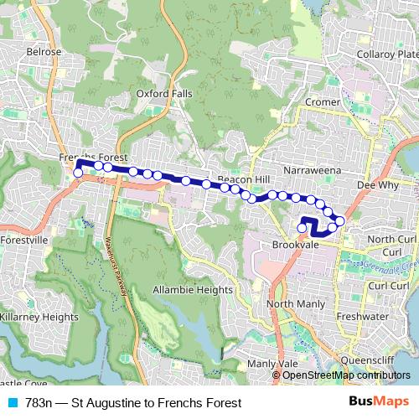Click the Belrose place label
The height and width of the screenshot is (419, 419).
[44, 51]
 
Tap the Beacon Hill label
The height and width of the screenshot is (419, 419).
[243, 180]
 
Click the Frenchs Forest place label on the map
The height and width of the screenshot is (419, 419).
[92, 158]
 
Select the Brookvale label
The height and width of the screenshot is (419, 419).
[292, 245]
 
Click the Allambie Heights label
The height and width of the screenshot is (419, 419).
[193, 289]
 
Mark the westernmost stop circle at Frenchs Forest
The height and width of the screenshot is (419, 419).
[79, 173]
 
